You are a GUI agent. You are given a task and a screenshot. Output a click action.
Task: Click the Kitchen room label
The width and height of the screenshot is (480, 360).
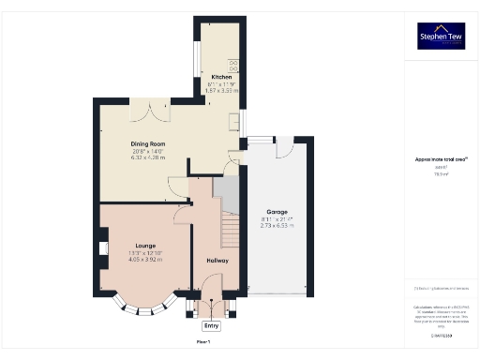(221, 76)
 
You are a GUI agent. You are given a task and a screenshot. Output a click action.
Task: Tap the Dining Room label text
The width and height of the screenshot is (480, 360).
(148, 143)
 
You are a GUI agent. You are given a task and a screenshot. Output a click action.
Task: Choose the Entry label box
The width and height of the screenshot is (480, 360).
(212, 325)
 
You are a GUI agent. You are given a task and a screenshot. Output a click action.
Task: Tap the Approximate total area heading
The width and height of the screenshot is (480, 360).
(441, 159)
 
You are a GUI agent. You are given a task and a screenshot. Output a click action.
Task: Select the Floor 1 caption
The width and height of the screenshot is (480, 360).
(202, 343)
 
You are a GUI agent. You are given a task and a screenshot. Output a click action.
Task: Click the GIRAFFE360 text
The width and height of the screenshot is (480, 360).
(442, 334)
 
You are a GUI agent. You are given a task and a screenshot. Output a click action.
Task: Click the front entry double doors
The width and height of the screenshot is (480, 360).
(212, 307)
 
